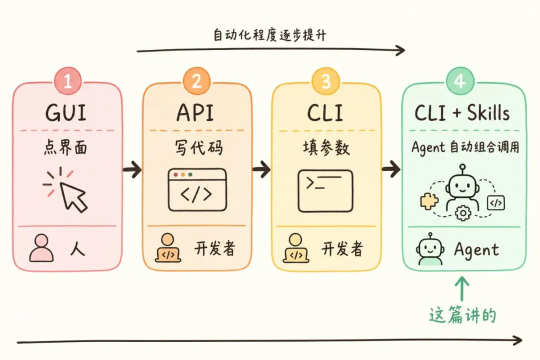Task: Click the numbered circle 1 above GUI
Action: point(67,80)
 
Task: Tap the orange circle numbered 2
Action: point(196,80)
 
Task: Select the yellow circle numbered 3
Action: point(325,80)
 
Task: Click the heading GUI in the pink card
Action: point(66,113)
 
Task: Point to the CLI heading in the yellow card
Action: point(325,113)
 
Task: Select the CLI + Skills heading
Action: point(462,113)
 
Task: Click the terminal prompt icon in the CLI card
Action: point(325,191)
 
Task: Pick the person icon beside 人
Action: point(41,248)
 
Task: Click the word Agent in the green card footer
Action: point(476,249)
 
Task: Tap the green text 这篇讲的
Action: point(462,315)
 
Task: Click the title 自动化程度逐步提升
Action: point(270,35)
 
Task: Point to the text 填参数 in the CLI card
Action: point(326,148)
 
